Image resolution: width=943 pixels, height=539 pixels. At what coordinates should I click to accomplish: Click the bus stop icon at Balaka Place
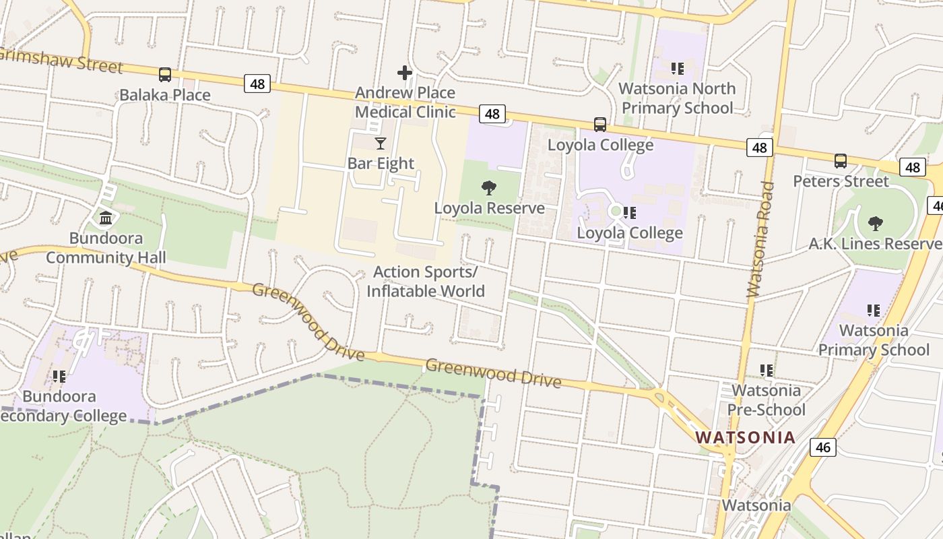coord(165,75)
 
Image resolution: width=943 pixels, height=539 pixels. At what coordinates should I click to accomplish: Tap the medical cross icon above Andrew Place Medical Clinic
coord(404,72)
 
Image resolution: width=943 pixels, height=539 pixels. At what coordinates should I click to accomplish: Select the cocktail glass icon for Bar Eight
coord(381,143)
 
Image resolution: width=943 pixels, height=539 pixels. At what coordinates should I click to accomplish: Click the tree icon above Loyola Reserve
coord(489,188)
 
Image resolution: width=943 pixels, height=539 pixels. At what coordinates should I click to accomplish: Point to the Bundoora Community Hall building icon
coord(106,218)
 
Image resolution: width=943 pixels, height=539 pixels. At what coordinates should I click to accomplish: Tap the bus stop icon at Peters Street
coord(841,161)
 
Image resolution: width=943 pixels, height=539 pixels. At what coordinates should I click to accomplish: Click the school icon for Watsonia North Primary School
coord(677,68)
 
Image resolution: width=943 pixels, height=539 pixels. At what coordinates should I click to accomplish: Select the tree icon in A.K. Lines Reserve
coord(876,223)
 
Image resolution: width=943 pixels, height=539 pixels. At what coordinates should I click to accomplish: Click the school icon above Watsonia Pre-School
coord(766,370)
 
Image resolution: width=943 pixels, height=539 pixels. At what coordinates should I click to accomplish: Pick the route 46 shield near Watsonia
coord(822,447)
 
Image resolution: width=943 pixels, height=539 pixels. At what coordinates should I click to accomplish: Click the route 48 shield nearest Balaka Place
coord(257,84)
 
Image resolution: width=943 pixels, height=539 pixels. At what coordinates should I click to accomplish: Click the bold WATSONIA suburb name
coord(745,437)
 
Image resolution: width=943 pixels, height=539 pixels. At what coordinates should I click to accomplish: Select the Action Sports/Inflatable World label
coord(425,282)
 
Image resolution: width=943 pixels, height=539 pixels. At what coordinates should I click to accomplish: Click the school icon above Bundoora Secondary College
coord(59,376)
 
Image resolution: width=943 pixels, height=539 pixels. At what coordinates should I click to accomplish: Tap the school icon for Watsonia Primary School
coord(874,310)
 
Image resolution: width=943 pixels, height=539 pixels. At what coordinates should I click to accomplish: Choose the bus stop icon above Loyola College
coord(599,125)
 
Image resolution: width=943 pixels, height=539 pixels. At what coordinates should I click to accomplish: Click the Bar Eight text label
coord(381,163)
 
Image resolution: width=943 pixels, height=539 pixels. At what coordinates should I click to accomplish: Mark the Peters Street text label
coord(841,181)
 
